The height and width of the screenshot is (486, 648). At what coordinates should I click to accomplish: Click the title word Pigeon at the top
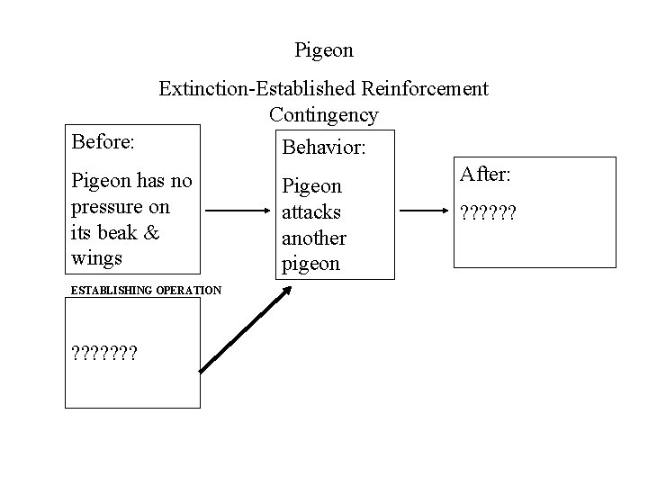click(x=324, y=48)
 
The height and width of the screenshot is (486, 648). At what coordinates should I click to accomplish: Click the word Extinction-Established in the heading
click(x=257, y=88)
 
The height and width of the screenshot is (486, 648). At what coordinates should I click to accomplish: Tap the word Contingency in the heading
click(x=324, y=115)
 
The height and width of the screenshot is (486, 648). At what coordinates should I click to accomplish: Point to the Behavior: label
click(x=325, y=146)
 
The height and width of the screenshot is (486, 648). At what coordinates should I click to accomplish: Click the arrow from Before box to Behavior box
click(x=238, y=213)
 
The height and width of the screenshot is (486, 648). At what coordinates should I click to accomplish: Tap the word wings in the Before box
click(x=94, y=258)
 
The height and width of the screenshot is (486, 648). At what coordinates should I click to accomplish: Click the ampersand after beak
click(x=151, y=232)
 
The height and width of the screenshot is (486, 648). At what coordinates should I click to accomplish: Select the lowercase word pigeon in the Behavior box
click(x=310, y=265)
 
